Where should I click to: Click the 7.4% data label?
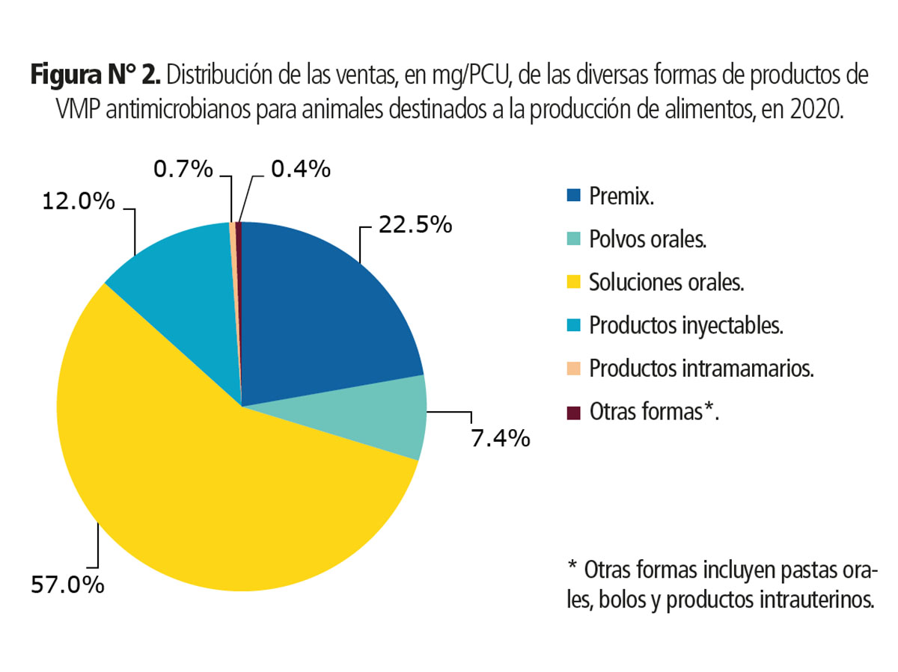pyautogui.click(x=501, y=437)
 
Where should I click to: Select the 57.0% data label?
pyautogui.click(x=67, y=585)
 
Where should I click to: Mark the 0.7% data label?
pyautogui.click(x=183, y=170)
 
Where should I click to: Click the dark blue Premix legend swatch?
pyautogui.click(x=574, y=197)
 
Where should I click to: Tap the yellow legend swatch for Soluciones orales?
pyautogui.click(x=574, y=283)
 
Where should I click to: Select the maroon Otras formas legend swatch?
pyautogui.click(x=574, y=412)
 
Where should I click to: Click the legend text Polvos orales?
pyautogui.click(x=648, y=241)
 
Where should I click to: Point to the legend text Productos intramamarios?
pyautogui.click(x=701, y=369)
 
